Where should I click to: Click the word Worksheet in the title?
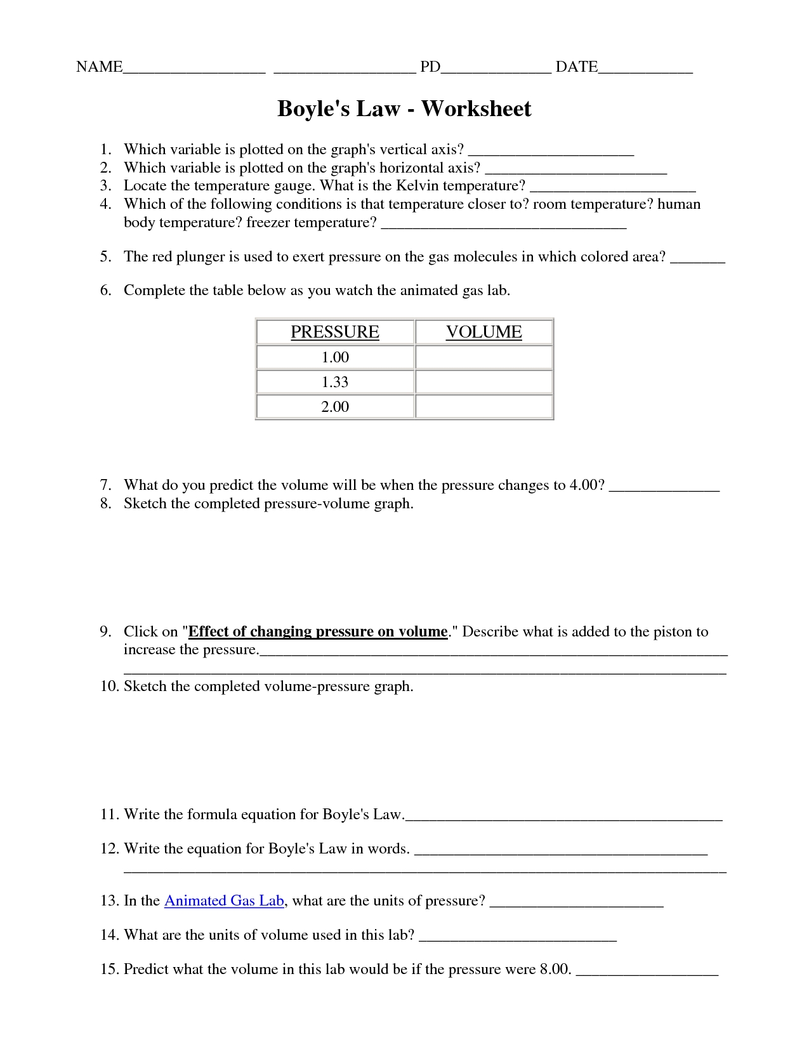pyautogui.click(x=476, y=109)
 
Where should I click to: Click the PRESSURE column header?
pyautogui.click(x=334, y=332)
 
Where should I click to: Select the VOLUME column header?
pyautogui.click(x=483, y=332)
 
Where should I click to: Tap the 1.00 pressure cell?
pyautogui.click(x=335, y=357)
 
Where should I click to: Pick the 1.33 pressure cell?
pyautogui.click(x=335, y=382)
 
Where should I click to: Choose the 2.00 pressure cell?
pyautogui.click(x=335, y=407)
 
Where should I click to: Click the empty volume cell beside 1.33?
pyautogui.click(x=484, y=382)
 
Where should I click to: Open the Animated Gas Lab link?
pyautogui.click(x=224, y=901)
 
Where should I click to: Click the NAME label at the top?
pyautogui.click(x=99, y=67)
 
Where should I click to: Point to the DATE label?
pyautogui.click(x=577, y=67)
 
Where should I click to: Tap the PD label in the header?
pyautogui.click(x=430, y=67)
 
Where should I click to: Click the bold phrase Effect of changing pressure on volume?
pyautogui.click(x=318, y=632)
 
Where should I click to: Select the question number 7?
pyautogui.click(x=105, y=485)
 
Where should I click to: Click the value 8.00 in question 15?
pyautogui.click(x=555, y=970)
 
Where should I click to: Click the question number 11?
pyautogui.click(x=109, y=815)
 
